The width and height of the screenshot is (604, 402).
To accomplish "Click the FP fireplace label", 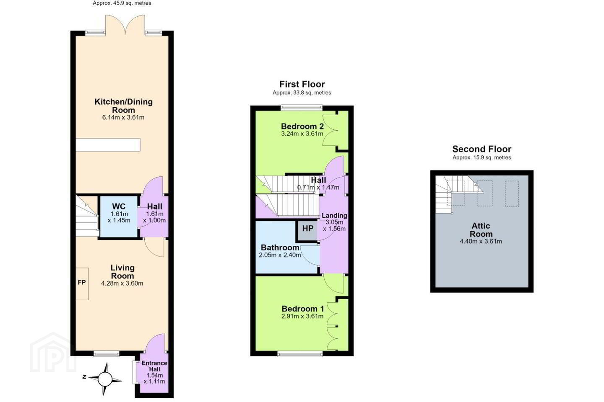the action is [x=82, y=282].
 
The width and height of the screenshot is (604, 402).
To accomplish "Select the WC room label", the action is [x=119, y=206].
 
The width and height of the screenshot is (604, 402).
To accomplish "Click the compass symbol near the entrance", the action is [x=104, y=379].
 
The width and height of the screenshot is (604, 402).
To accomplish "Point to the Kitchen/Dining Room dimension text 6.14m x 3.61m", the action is [x=123, y=117].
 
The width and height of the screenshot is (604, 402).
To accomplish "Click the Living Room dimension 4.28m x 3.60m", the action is [x=122, y=283].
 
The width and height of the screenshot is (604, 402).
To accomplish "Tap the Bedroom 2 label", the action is [x=302, y=126].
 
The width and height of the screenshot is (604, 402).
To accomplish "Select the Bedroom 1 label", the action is [x=303, y=309].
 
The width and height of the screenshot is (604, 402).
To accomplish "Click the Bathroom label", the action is [x=280, y=247].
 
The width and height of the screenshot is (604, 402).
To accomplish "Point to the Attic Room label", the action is [x=481, y=229].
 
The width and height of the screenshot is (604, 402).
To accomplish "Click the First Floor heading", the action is [x=302, y=84].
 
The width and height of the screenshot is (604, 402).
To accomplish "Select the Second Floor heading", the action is [x=482, y=149].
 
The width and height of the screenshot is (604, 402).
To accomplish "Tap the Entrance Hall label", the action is [x=154, y=366].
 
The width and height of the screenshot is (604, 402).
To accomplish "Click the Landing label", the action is [x=334, y=215].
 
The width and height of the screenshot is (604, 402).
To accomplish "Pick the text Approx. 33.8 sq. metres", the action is [x=302, y=93].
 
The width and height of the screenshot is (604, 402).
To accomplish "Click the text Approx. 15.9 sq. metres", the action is [x=482, y=157].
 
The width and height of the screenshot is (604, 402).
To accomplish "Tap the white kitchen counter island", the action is [x=108, y=145].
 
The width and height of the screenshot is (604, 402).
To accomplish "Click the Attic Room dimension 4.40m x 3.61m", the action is [x=481, y=241].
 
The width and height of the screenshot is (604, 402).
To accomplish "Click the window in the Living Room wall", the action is [x=106, y=353].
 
